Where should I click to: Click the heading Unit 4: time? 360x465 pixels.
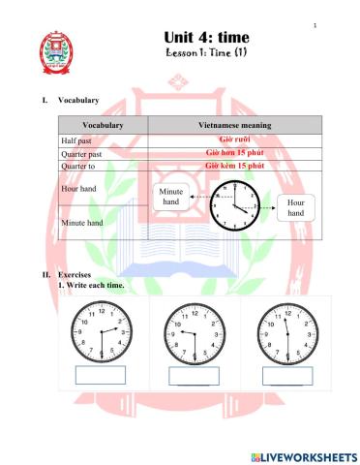point(208,36)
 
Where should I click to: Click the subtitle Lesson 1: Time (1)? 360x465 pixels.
point(208,53)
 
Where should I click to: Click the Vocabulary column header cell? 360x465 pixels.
point(103,125)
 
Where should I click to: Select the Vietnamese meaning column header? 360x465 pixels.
point(234,125)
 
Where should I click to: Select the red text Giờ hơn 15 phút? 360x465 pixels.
point(235,153)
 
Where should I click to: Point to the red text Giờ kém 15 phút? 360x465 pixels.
point(235,166)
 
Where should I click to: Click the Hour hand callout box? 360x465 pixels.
point(296,207)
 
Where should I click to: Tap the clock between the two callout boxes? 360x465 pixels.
point(233,206)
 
